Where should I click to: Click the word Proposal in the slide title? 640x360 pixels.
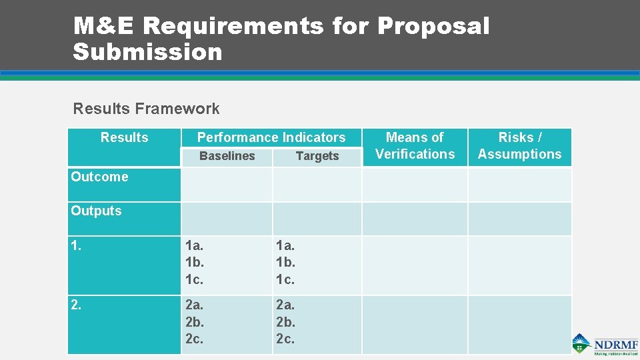pyautogui.click(x=433, y=27)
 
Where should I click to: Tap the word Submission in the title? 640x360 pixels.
pyautogui.click(x=147, y=51)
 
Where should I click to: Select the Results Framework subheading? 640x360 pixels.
pyautogui.click(x=146, y=109)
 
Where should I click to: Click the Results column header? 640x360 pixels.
pyautogui.click(x=124, y=137)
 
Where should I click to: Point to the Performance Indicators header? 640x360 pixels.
pyautogui.click(x=271, y=137)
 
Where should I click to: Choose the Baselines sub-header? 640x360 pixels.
pyautogui.click(x=227, y=156)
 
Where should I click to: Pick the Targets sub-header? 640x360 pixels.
pyautogui.click(x=317, y=156)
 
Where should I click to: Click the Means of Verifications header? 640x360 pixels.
pyautogui.click(x=415, y=145)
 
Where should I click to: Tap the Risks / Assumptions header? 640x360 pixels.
pyautogui.click(x=520, y=145)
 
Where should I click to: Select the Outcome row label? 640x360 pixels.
pyautogui.click(x=99, y=177)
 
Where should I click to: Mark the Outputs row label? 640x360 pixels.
pyautogui.click(x=96, y=211)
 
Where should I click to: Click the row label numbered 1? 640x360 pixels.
pyautogui.click(x=76, y=245)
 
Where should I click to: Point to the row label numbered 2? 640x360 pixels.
pyautogui.click(x=76, y=305)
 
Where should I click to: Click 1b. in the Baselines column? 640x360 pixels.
pyautogui.click(x=194, y=262)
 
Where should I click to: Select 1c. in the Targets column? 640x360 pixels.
pyautogui.click(x=285, y=279)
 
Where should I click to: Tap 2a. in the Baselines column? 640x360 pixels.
pyautogui.click(x=194, y=305)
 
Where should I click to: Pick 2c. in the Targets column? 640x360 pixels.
pyautogui.click(x=285, y=339)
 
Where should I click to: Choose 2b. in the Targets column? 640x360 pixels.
pyautogui.click(x=285, y=321)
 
